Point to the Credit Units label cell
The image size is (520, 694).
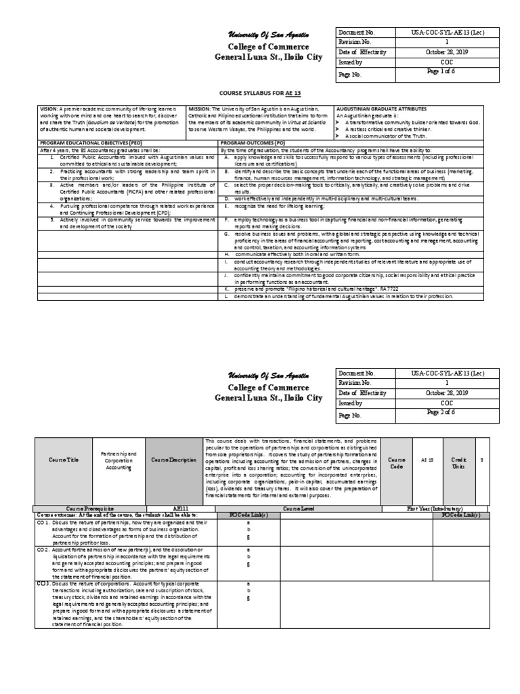point(459,460)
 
